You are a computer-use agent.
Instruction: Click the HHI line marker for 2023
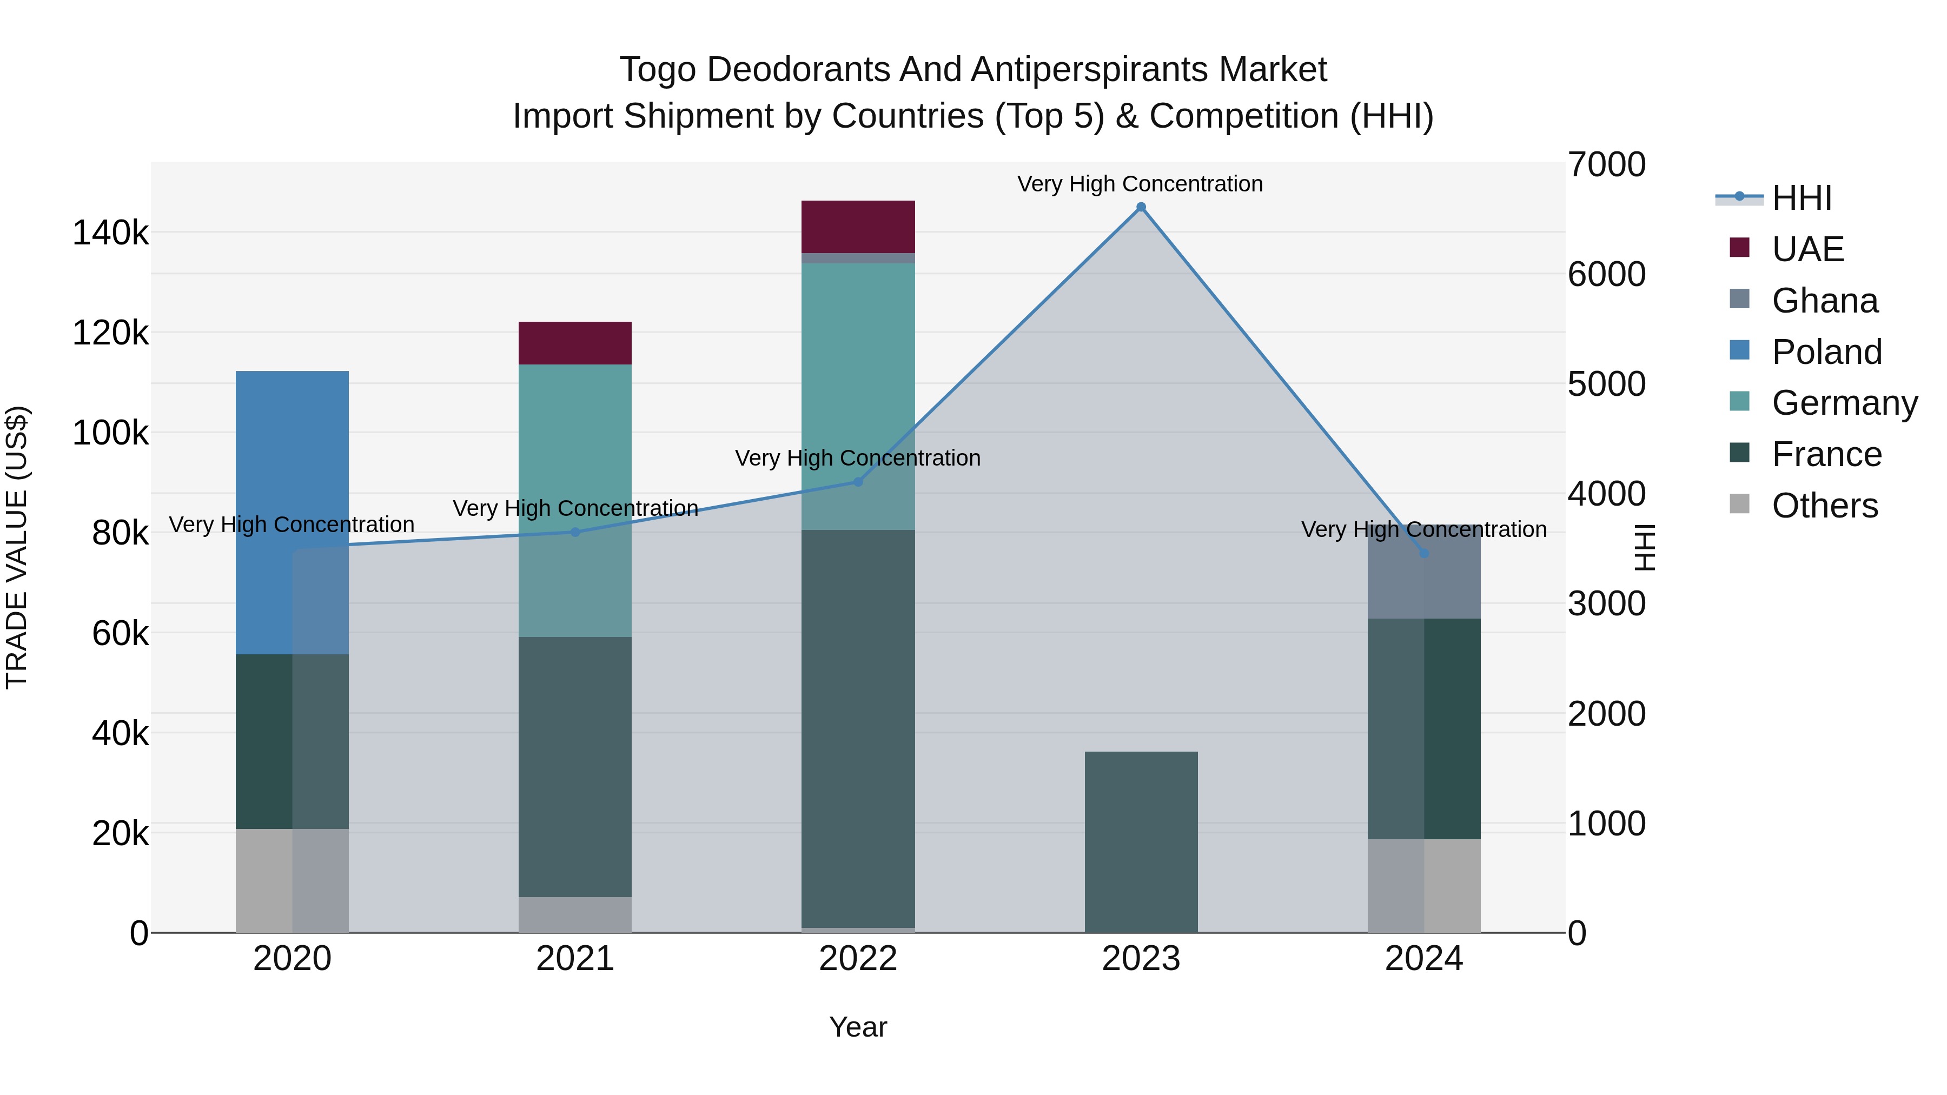coord(1141,207)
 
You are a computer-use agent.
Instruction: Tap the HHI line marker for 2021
coord(574,532)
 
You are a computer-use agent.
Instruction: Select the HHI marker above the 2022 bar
coord(858,481)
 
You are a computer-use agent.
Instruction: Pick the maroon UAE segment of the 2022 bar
coord(858,227)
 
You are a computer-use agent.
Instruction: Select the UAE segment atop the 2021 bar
coord(574,343)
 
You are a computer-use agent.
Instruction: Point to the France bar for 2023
coord(1141,842)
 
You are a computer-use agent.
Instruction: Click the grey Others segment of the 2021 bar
coord(574,914)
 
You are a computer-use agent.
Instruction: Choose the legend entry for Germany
coord(1844,403)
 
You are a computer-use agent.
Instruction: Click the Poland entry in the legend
coord(1826,352)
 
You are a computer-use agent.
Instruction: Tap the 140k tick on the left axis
coord(110,233)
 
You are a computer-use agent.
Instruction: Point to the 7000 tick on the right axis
coord(1606,165)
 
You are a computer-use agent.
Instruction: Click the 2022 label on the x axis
coord(858,959)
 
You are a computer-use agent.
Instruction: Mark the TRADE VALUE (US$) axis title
coord(17,547)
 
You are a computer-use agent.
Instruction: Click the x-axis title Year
coord(858,1027)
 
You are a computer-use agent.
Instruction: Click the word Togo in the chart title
coord(658,70)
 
